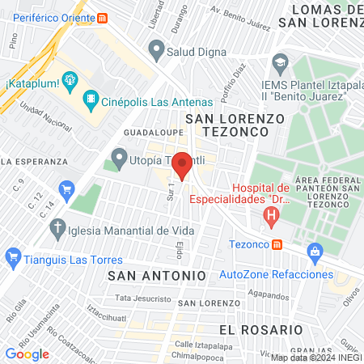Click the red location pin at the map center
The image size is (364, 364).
[182, 164]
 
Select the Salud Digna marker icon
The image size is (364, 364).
[155, 51]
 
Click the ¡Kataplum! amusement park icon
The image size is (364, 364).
[70, 79]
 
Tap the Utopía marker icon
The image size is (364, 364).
[120, 155]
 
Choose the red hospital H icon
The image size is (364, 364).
[272, 216]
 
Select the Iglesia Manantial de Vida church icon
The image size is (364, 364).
[57, 229]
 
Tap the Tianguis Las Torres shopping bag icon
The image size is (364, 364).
[12, 260]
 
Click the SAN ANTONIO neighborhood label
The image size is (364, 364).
[156, 276]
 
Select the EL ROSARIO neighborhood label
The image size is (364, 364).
[260, 330]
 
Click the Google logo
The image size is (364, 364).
[27, 353]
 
